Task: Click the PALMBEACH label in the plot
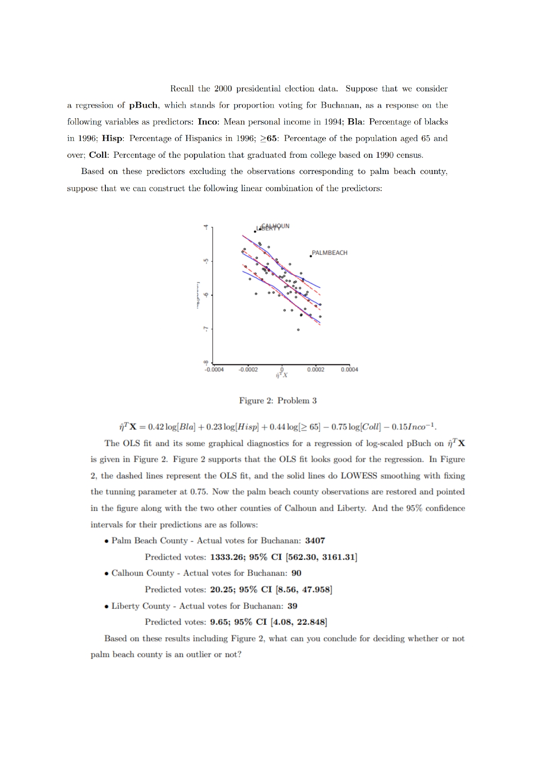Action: tap(329, 253)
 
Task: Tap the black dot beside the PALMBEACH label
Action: tap(310, 256)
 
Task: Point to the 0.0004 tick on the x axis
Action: tap(349, 369)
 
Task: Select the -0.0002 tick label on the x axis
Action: tap(248, 369)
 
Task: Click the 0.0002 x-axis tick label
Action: tap(315, 369)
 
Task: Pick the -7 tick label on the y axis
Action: tap(205, 329)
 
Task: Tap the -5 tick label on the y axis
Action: tap(205, 261)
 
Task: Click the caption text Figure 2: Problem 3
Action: tap(278, 401)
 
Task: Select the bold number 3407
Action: tap(315, 541)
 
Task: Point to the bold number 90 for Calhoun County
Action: tap(296, 573)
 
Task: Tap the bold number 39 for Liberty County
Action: tap(292, 606)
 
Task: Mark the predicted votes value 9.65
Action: tap(219, 622)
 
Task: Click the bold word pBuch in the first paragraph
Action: tap(144, 105)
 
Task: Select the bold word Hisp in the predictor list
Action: tap(112, 138)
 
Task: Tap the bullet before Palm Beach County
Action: tap(107, 541)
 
